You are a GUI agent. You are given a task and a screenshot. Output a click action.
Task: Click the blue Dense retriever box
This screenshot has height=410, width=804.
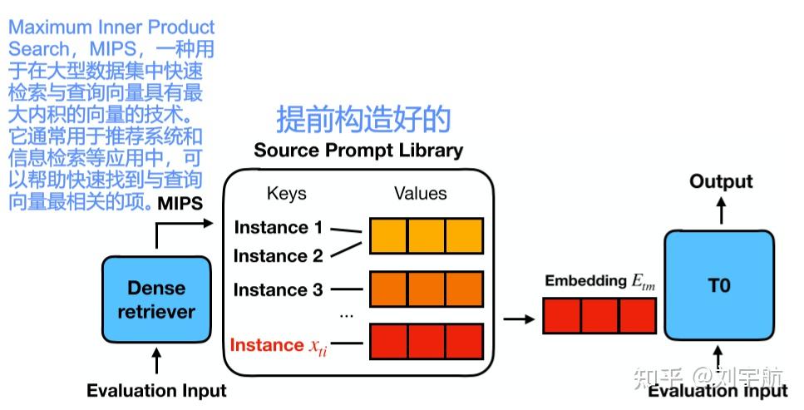(x=155, y=300)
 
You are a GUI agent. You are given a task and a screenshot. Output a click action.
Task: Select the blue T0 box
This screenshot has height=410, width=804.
(x=718, y=285)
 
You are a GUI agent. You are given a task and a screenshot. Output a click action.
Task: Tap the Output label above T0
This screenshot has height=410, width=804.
(x=720, y=181)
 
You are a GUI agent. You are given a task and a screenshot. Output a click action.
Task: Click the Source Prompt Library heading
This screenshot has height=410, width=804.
(x=358, y=151)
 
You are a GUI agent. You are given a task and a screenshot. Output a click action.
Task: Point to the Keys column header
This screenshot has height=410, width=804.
(x=286, y=194)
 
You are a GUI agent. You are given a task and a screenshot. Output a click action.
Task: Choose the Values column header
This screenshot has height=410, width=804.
(x=420, y=194)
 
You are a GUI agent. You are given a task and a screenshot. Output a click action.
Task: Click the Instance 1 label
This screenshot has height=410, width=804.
(x=278, y=227)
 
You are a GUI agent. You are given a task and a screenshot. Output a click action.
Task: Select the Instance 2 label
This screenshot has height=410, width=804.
(x=278, y=256)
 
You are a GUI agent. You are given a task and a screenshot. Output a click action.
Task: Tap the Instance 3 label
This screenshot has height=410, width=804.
(x=278, y=290)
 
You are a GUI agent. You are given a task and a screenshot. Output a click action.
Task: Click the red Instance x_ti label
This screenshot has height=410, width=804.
(x=278, y=345)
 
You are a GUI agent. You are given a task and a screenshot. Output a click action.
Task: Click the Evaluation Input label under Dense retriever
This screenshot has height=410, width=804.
(x=156, y=390)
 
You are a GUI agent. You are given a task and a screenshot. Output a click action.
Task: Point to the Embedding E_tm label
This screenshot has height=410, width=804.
(x=599, y=281)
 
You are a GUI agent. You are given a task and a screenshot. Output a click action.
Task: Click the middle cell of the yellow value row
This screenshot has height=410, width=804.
(x=426, y=235)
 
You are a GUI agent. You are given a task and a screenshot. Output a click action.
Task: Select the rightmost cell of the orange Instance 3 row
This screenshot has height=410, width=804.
(x=464, y=289)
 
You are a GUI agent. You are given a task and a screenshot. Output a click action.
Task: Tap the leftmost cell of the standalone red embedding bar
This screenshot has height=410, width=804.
(x=562, y=316)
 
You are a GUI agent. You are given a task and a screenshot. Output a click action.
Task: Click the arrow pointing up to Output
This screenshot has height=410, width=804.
(x=720, y=210)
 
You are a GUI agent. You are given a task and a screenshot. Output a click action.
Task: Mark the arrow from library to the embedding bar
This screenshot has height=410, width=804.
(x=519, y=319)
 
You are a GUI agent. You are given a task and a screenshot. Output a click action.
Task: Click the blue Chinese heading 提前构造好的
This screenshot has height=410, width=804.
(x=363, y=119)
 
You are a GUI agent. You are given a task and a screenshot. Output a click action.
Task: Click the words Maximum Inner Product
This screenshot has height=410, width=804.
(x=111, y=27)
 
